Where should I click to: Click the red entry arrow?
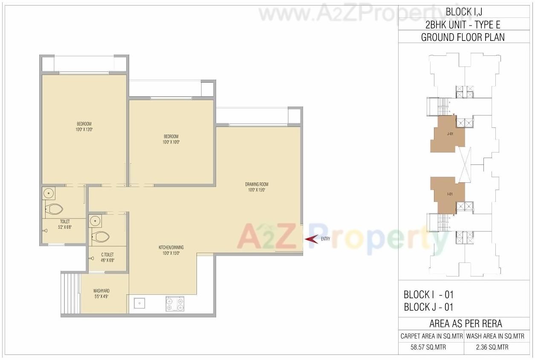coord(311,239)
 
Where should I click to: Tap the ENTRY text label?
coord(325,239)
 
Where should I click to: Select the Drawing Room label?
coord(257,187)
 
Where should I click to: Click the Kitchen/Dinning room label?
coord(171,250)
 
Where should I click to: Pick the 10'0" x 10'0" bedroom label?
coord(171,139)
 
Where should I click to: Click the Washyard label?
coord(101,294)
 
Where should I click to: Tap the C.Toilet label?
coord(107,257)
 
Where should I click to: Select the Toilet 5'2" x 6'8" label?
coord(65,224)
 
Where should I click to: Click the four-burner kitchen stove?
coord(175,303)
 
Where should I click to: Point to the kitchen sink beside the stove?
coord(139,303)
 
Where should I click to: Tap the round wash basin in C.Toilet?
coord(95,221)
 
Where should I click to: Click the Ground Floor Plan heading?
coord(463,37)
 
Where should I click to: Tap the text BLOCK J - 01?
coord(428,307)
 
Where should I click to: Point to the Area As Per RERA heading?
coord(465,323)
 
